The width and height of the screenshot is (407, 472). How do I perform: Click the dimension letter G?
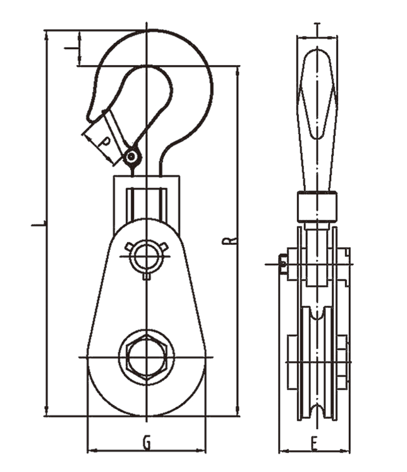[x=147, y=442]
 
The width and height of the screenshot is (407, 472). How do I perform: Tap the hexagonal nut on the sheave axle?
[x=147, y=357]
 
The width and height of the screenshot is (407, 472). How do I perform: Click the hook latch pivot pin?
[x=131, y=156]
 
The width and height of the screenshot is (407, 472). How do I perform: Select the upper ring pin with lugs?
[x=147, y=256]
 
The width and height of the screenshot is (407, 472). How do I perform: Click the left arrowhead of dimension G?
[x=92, y=451]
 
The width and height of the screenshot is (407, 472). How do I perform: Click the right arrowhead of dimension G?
[x=201, y=451]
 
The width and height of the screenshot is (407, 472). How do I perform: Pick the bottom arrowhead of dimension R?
[x=238, y=411]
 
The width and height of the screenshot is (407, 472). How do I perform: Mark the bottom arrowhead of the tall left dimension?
[x=46, y=411]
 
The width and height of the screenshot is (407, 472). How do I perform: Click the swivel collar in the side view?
[x=317, y=207]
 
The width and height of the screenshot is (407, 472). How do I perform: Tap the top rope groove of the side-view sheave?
[x=317, y=314]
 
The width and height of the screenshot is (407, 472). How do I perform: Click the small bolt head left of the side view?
[x=282, y=264]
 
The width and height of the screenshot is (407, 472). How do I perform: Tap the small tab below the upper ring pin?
[x=147, y=276]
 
